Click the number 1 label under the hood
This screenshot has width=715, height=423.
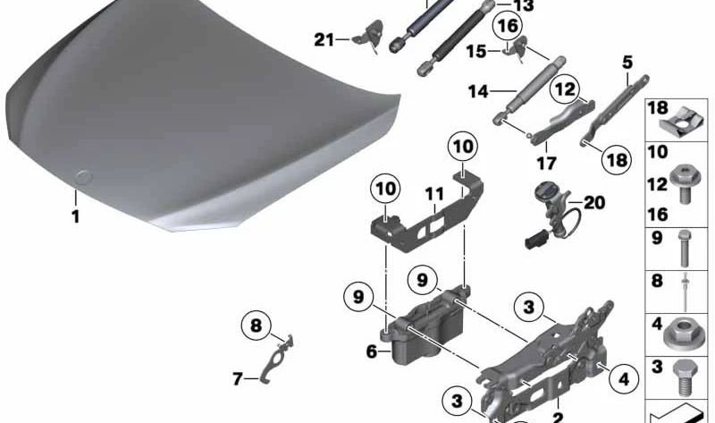[76, 216]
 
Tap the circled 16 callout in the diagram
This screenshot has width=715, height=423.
[508, 25]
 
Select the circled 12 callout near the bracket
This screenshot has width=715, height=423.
[564, 89]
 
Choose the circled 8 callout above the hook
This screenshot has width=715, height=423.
[257, 326]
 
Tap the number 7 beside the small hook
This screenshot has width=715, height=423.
[238, 379]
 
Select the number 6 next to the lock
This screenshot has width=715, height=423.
[371, 352]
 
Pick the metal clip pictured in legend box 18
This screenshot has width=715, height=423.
[683, 118]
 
